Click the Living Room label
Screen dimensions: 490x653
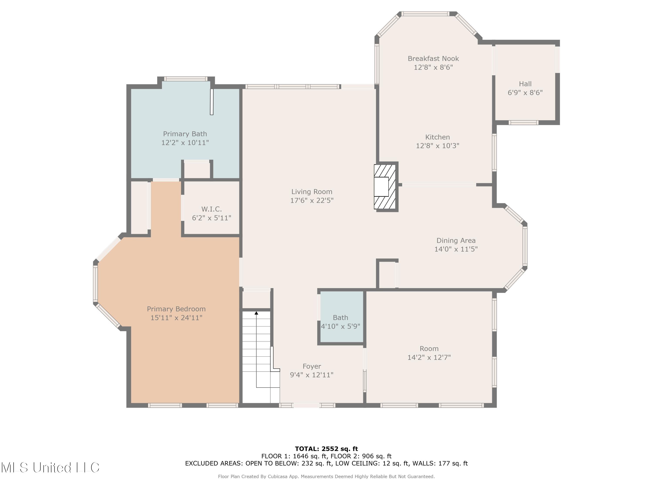[312, 192]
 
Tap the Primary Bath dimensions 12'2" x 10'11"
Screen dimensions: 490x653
[185, 143]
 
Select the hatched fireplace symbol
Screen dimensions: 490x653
[385, 187]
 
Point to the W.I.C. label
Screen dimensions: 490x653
[211, 209]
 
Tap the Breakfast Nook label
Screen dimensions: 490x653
[433, 59]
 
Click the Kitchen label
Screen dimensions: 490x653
[437, 137]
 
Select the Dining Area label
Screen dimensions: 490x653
[456, 240]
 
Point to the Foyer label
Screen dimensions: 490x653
[312, 366]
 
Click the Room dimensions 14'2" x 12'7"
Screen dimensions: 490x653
[429, 357]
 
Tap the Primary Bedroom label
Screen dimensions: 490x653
[176, 309]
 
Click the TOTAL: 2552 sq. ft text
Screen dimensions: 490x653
[326, 449]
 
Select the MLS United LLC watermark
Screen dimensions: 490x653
[50, 467]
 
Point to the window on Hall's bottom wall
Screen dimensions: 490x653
[523, 123]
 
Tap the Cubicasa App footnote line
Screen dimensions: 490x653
[326, 476]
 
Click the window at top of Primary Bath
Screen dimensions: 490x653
[186, 79]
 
